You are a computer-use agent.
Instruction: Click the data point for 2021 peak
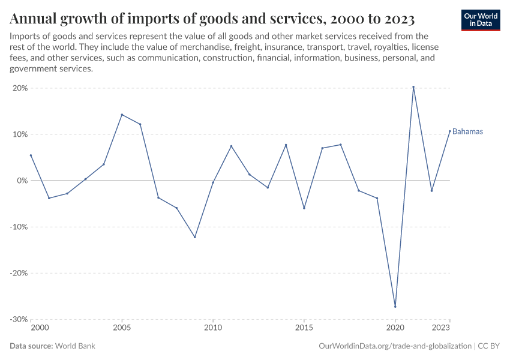[413, 87]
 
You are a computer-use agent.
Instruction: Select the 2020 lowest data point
[395, 306]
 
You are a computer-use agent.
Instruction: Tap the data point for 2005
[122, 115]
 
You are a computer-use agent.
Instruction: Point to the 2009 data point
[195, 237]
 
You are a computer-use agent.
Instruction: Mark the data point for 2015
[304, 208]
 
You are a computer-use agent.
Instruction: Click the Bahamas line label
[467, 131]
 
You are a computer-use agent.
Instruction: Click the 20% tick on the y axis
[20, 88]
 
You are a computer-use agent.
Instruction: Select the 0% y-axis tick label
[22, 181]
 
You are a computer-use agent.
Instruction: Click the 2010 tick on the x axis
[213, 328]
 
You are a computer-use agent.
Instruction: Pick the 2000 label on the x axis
[39, 328]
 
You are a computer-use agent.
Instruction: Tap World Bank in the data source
[75, 346]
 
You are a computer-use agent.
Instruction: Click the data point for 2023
[449, 131]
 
